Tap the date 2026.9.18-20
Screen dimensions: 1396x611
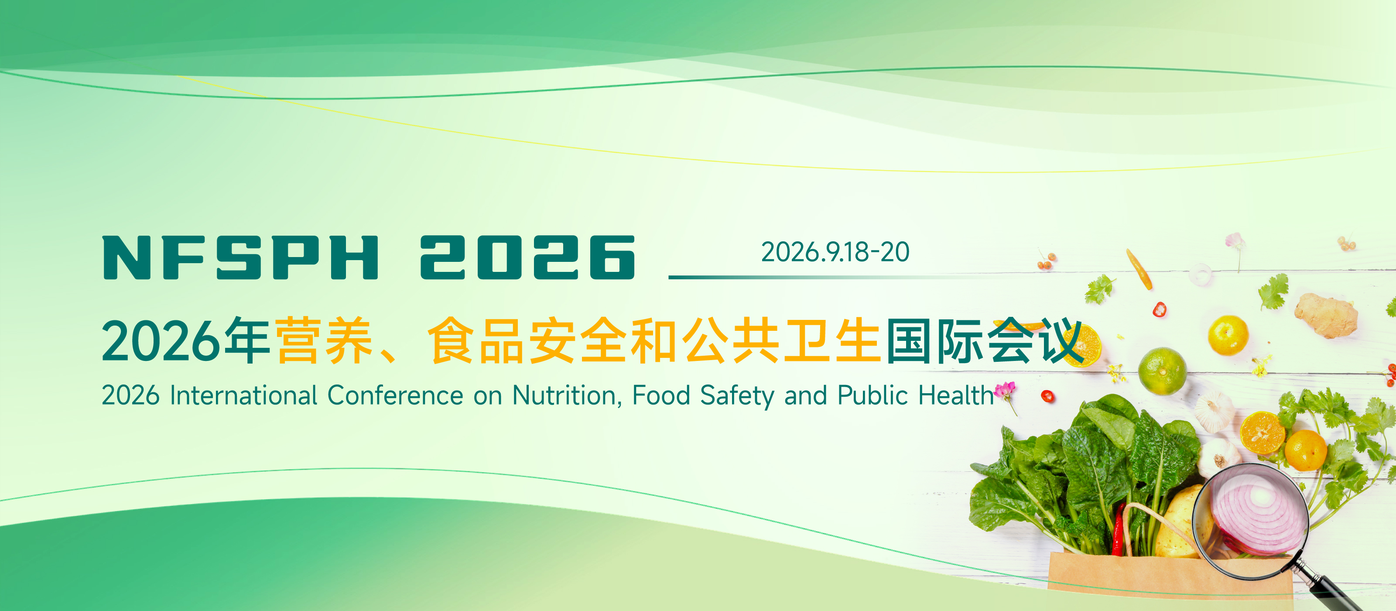835,252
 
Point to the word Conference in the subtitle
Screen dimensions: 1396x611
395,395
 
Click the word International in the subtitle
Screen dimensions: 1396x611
243,395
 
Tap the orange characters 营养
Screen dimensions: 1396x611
324,340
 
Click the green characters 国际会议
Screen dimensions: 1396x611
985,340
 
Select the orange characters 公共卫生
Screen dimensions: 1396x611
781,340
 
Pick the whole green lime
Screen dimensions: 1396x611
1162,371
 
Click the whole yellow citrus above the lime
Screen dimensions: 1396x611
1228,336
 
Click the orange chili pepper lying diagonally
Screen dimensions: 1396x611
1139,269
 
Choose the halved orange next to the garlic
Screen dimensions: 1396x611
1262,432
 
